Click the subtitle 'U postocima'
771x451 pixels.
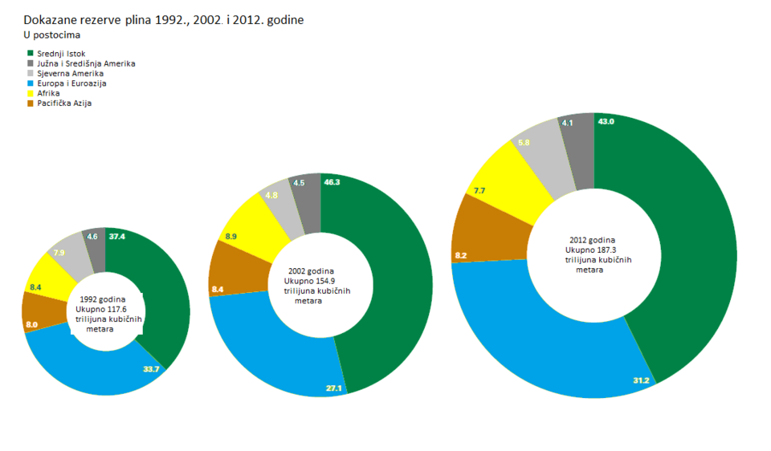[52, 35]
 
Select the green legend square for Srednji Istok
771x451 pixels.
[31, 54]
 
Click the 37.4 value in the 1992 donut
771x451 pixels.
[117, 237]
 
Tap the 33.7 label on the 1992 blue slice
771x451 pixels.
[152, 369]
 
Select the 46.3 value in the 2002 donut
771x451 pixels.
[332, 183]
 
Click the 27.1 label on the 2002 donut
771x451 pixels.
[334, 388]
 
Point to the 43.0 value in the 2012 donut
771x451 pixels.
[605, 122]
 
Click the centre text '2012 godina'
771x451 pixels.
[593, 239]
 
